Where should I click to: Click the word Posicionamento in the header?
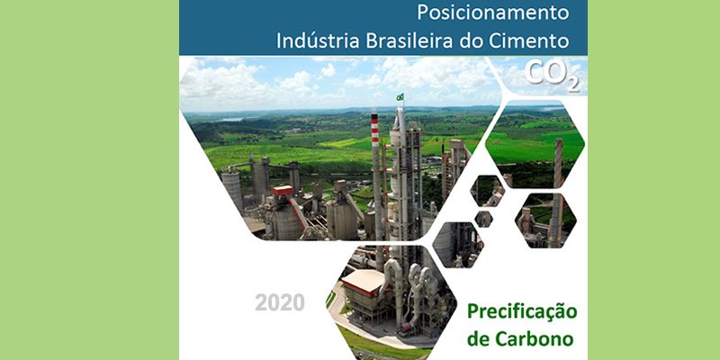[494, 13]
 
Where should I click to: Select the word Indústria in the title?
[318, 40]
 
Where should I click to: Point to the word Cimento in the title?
[532, 40]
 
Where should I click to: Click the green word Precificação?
[522, 312]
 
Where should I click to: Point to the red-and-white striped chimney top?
[375, 126]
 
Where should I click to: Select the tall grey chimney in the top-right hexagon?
[559, 163]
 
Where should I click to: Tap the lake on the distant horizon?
[232, 119]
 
